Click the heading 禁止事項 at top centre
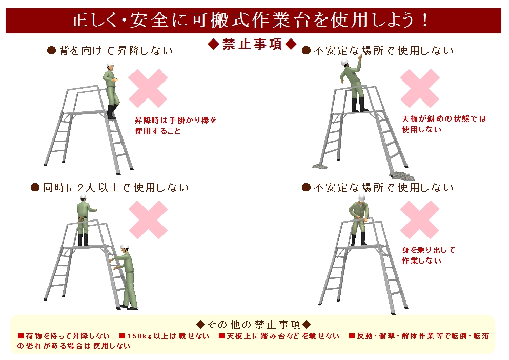pyautogui.click(x=252, y=44)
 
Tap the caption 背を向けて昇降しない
pyautogui.click(x=115, y=51)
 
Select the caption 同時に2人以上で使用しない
pyautogui.click(x=115, y=188)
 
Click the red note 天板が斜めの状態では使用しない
pyautogui.click(x=444, y=124)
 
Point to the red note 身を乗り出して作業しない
pyautogui.click(x=429, y=255)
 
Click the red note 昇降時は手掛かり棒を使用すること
pyautogui.click(x=176, y=126)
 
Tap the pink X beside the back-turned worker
pyautogui.click(x=148, y=88)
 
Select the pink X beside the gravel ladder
pyautogui.click(x=420, y=88)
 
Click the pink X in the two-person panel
pyautogui.click(x=148, y=219)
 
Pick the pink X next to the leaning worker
pyautogui.click(x=420, y=219)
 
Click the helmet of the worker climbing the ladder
pyautogui.click(x=125, y=247)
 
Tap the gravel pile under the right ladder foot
pyautogui.click(x=402, y=175)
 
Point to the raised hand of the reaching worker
pyautogui.click(x=360, y=57)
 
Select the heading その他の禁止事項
pyautogui.click(x=254, y=324)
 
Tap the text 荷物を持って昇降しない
pyautogui.click(x=68, y=336)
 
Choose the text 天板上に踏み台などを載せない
pyautogui.click(x=283, y=336)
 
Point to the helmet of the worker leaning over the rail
pyautogui.click(x=362, y=197)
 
